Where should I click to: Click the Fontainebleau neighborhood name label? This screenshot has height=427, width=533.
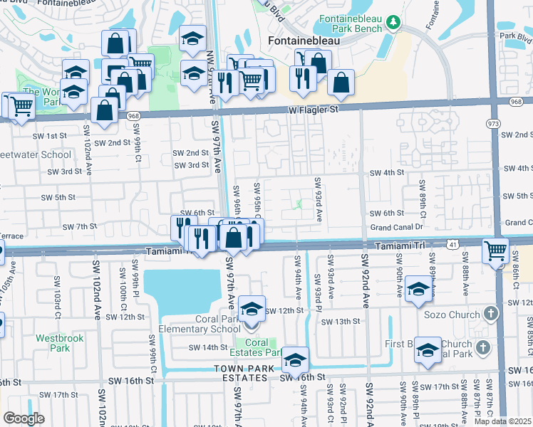(x=302, y=41)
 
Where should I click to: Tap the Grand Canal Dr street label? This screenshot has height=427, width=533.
(x=396, y=228)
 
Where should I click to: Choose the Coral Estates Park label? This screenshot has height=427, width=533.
(x=259, y=347)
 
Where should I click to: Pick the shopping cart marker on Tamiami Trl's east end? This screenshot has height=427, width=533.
(x=495, y=251)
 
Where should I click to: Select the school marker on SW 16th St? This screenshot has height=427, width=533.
(x=294, y=362)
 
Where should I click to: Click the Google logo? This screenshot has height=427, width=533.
(x=24, y=418)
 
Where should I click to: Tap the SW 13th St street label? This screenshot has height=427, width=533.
(x=340, y=322)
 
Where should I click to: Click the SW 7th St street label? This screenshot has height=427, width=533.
(x=79, y=226)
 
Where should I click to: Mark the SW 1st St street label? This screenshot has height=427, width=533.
(x=51, y=135)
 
